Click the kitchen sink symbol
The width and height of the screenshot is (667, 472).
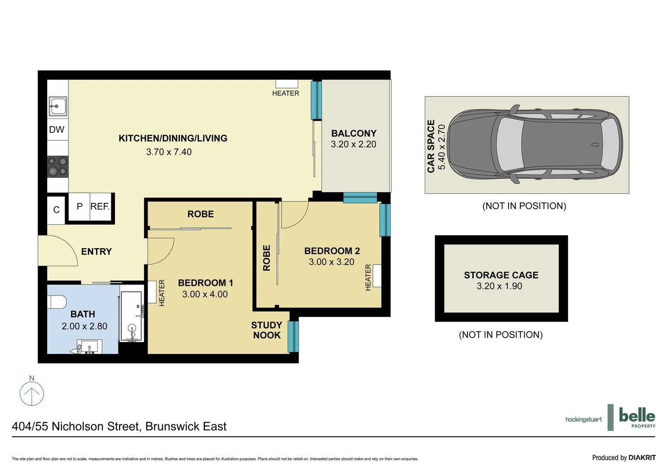(58, 106)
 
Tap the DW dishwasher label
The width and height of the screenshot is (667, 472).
(57, 130)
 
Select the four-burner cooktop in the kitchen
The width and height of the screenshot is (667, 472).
(58, 167)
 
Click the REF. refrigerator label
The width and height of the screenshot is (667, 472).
(100, 207)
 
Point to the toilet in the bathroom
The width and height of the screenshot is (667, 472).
(57, 302)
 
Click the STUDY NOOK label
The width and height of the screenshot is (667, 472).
(267, 330)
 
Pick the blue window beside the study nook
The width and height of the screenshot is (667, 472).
(293, 337)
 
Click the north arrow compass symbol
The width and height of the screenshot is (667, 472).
(32, 393)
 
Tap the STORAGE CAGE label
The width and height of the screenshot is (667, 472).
(501, 275)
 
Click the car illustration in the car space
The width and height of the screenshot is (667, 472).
(535, 144)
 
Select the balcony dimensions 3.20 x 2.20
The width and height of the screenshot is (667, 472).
(354, 145)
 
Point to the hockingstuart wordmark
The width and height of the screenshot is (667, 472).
(584, 420)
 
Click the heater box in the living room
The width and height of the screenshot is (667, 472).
(287, 84)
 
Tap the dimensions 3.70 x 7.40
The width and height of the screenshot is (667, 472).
(169, 152)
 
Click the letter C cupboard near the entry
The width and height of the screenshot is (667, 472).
(56, 210)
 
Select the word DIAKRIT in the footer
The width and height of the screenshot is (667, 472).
(642, 458)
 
